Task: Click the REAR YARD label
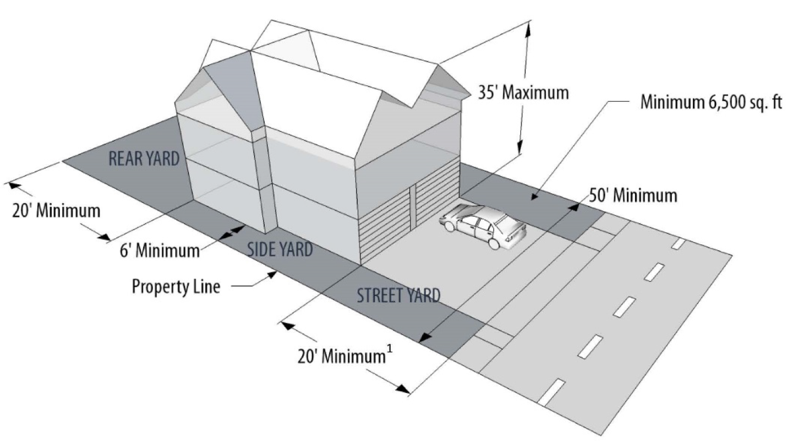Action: (x=144, y=158)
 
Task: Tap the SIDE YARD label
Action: (x=280, y=249)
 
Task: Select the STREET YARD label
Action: (x=398, y=296)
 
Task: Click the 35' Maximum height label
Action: (x=523, y=92)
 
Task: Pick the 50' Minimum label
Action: (x=633, y=195)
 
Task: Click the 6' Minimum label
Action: (x=160, y=251)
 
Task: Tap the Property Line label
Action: (x=176, y=286)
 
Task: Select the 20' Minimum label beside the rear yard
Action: (x=57, y=210)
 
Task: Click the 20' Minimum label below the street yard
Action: (x=339, y=356)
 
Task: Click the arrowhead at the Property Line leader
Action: (x=273, y=277)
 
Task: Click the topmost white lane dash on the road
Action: (x=679, y=243)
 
